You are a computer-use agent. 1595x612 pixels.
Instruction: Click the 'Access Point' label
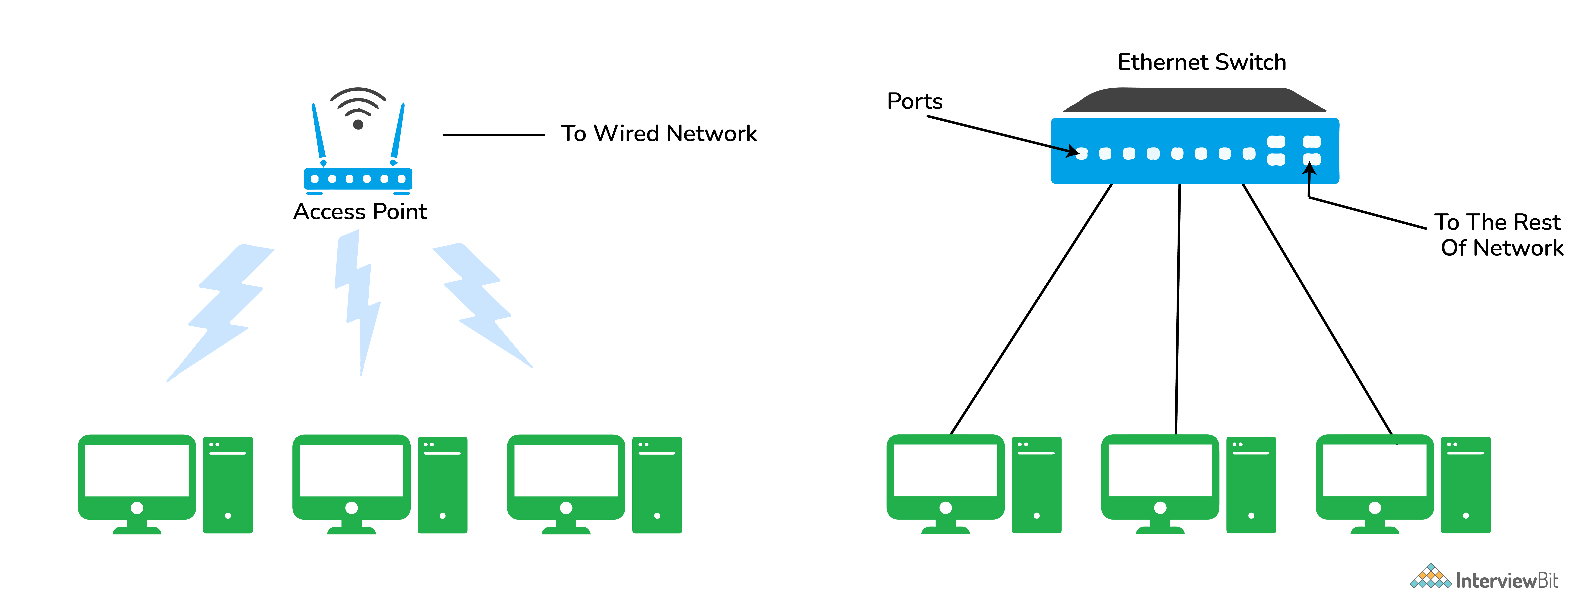[x=360, y=212]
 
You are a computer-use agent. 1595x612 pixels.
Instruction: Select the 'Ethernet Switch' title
[x=1201, y=63]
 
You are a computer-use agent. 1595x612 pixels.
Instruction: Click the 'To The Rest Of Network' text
[x=1498, y=235]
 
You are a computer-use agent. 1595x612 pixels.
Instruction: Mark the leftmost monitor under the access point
[x=137, y=476]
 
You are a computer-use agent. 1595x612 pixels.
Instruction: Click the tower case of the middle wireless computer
[x=442, y=484]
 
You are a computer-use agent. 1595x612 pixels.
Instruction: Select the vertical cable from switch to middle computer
[x=1178, y=309]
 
